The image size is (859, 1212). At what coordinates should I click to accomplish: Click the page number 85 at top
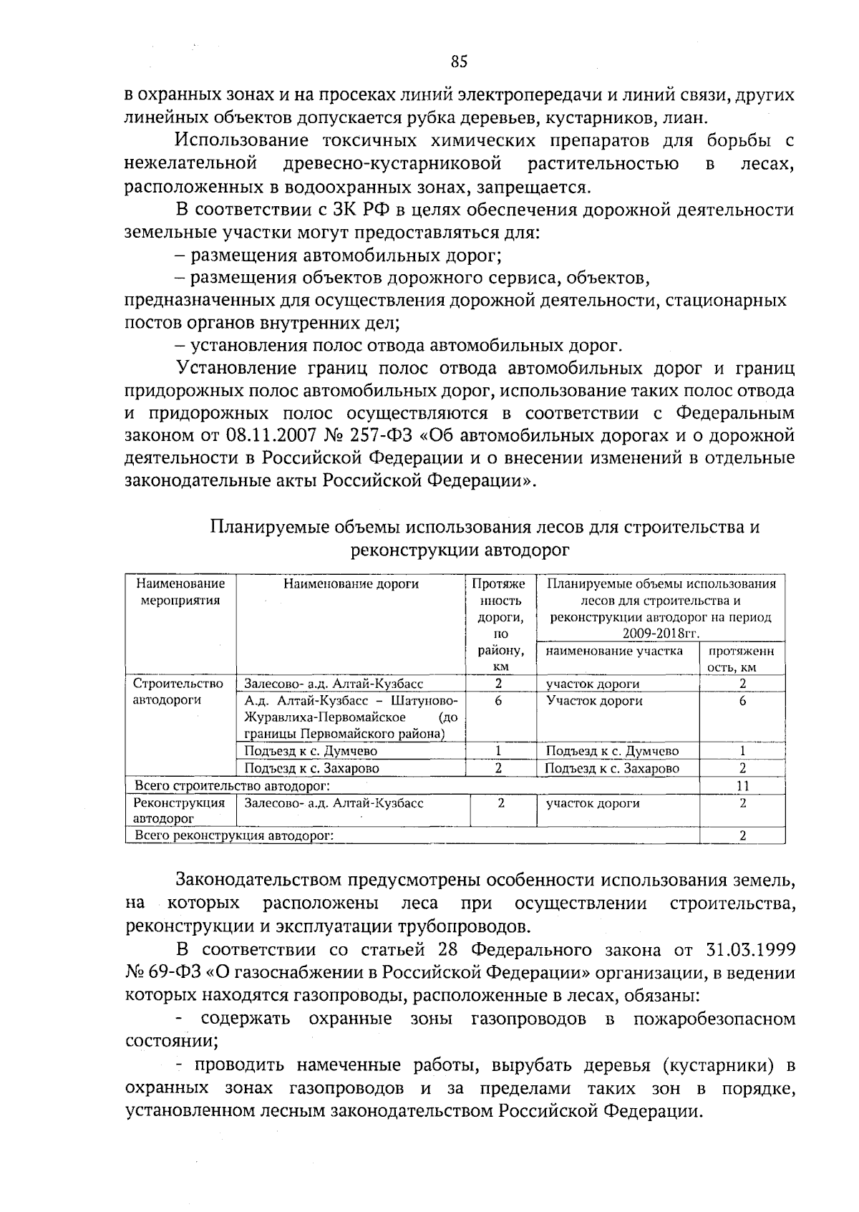[459, 62]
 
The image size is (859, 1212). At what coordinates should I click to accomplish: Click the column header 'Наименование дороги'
[351, 584]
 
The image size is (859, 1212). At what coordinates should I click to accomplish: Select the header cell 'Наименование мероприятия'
[180, 592]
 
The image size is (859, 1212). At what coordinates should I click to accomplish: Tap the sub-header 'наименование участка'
[614, 651]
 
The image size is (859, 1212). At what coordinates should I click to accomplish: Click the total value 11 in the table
[742, 785]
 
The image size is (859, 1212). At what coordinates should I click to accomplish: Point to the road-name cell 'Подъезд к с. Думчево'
[311, 752]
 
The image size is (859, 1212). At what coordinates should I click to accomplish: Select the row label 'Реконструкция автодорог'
[179, 810]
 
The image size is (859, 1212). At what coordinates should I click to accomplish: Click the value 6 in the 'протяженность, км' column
[742, 702]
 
